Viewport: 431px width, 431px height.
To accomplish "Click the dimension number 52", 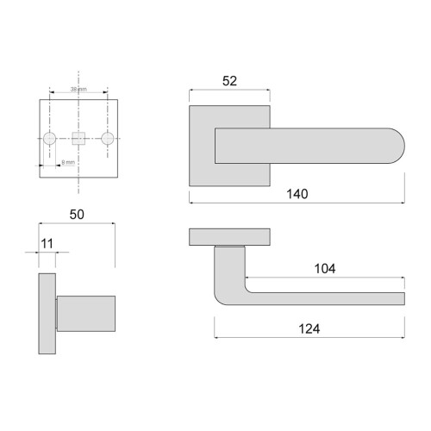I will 229,81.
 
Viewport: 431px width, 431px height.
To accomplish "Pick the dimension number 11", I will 47,246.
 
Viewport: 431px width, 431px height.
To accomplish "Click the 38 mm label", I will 78,89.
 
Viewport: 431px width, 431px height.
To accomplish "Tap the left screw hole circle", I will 50,138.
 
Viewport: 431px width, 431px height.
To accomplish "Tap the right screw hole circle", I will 107,138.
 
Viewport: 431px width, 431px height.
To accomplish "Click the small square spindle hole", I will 78,138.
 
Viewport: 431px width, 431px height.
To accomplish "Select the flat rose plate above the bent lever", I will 229,236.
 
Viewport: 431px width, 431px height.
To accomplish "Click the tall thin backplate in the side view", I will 47,315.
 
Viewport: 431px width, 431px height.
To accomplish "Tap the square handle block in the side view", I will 86,312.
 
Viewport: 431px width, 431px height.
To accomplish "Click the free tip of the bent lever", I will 400,299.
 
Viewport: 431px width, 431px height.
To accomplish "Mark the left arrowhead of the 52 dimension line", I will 191,91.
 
